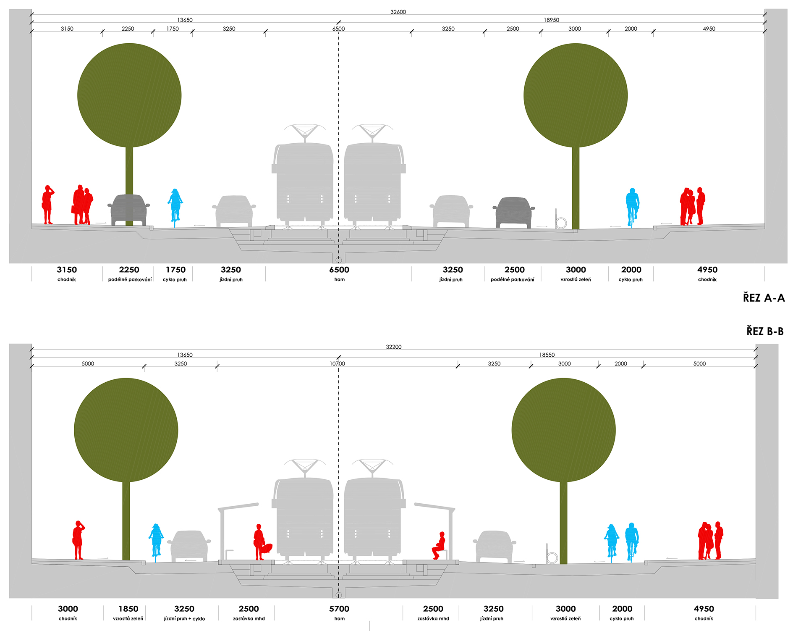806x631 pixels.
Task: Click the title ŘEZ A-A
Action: click(764, 298)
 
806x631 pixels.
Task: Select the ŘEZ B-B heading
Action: click(765, 331)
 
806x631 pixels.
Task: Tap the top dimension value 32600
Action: click(398, 12)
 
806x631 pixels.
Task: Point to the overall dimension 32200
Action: click(394, 347)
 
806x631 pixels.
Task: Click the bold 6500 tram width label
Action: click(339, 270)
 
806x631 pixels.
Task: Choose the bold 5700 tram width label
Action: click(339, 609)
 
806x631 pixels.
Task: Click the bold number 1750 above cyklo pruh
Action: click(175, 270)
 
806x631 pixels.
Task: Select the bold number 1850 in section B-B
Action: click(128, 609)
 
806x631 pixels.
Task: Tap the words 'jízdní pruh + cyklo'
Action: click(184, 619)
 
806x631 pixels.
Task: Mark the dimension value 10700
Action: click(338, 364)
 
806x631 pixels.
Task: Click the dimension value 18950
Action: click(552, 20)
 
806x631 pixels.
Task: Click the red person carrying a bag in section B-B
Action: click(261, 542)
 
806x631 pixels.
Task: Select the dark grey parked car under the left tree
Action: click(129, 210)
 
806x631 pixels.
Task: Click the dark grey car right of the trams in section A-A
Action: click(513, 213)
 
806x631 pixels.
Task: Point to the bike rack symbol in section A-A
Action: click(560, 220)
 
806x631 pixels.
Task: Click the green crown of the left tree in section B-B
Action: click(126, 430)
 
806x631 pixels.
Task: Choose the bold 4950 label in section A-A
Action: click(707, 270)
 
